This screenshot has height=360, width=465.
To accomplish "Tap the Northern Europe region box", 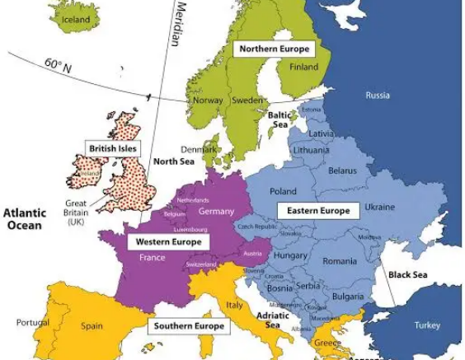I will (x=275, y=49).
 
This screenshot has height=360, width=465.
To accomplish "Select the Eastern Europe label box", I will (x=317, y=210).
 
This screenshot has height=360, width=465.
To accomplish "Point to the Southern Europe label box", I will (x=189, y=326).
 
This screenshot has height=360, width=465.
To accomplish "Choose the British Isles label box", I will (x=112, y=148).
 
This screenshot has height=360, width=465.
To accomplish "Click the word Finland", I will (x=304, y=67).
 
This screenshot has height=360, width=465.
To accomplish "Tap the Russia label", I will (x=378, y=96).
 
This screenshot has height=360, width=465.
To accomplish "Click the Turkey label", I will (x=427, y=325).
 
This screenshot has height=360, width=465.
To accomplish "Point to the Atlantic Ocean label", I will (x=24, y=218).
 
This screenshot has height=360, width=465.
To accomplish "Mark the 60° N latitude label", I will (x=59, y=66).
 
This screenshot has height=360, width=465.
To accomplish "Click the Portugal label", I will (x=32, y=323).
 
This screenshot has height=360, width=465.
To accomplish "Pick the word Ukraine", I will (x=379, y=207).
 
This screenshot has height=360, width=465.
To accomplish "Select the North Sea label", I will (x=174, y=161).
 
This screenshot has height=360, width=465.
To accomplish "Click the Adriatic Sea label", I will (x=273, y=320).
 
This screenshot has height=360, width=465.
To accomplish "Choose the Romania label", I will (x=340, y=261).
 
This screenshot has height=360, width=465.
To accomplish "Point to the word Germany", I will (x=216, y=212).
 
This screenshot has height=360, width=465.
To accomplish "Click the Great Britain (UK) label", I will (x=76, y=211).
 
